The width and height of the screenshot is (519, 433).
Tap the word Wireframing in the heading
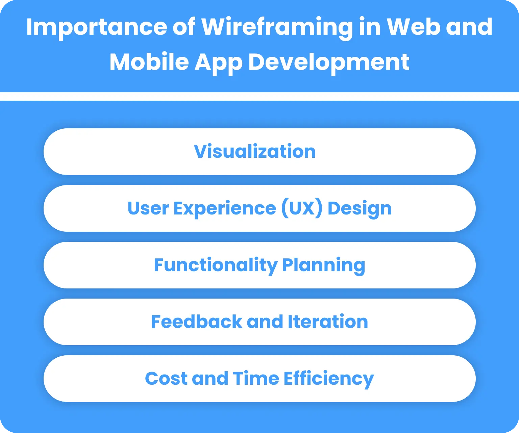[x=277, y=27]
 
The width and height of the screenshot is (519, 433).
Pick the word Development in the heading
[x=329, y=62]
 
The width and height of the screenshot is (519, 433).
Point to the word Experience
[x=225, y=209]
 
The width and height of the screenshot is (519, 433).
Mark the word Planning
[x=323, y=265]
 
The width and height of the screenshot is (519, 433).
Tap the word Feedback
[x=197, y=322]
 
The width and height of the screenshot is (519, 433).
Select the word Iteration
[x=328, y=322]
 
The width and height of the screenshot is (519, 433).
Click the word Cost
[x=166, y=378]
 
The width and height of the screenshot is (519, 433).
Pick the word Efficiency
[x=328, y=378]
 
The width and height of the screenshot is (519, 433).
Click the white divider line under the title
[x=259, y=96]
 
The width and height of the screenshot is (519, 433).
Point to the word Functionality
[x=215, y=265]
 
